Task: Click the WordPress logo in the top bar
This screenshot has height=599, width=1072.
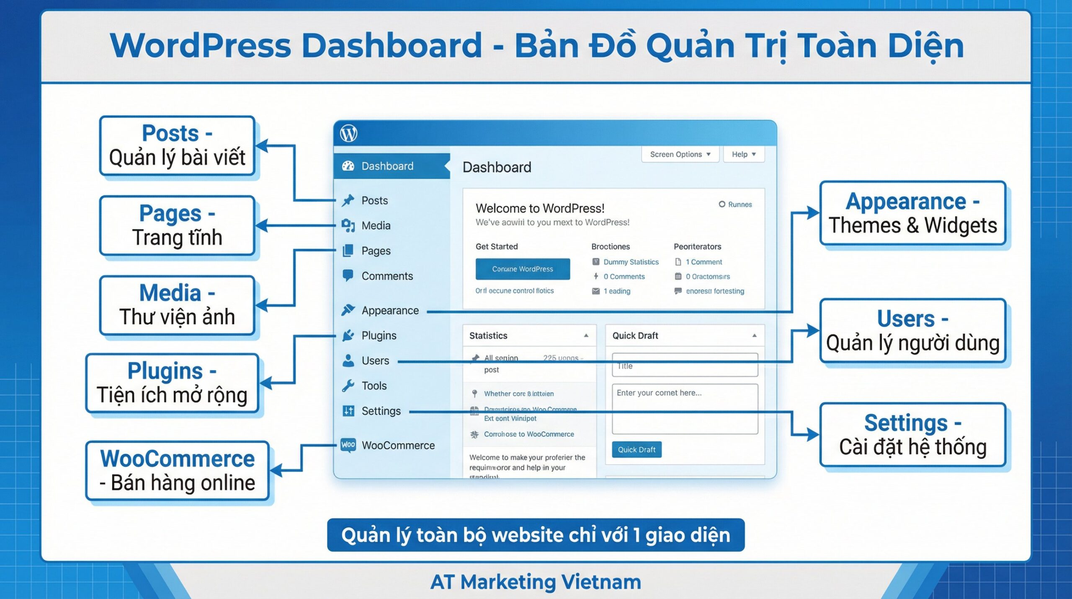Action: tap(348, 134)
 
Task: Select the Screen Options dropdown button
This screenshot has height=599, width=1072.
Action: tap(680, 154)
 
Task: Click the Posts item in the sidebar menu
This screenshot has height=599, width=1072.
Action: tap(374, 200)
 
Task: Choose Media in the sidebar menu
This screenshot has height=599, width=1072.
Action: tap(376, 226)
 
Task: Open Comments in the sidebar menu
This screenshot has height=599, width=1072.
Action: tap(387, 276)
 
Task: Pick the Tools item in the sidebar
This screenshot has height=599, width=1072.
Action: tap(374, 386)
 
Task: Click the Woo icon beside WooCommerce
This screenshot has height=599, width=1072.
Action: tap(348, 445)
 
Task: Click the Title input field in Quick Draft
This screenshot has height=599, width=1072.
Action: tap(685, 366)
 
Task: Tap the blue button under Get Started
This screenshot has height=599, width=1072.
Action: tap(522, 269)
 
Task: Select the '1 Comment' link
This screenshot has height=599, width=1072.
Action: tap(703, 262)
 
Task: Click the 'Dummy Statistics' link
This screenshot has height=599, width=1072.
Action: tap(631, 262)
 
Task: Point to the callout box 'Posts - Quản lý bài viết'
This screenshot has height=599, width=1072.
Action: tap(177, 145)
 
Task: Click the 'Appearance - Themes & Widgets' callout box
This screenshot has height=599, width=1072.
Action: tap(912, 213)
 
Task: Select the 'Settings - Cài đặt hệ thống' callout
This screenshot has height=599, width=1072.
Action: tap(912, 435)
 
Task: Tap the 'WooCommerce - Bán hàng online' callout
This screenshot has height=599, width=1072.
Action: tap(177, 470)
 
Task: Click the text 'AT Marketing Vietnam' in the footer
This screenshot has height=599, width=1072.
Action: tap(536, 582)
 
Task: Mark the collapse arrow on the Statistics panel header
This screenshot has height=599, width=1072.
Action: tap(586, 335)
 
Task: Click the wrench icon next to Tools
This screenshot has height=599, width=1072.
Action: tap(348, 386)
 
